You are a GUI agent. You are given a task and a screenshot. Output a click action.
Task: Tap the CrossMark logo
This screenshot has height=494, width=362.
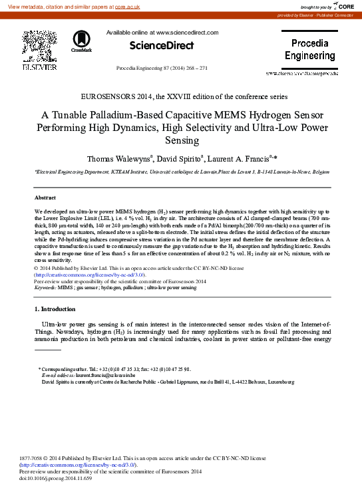pyautogui.click(x=81, y=41)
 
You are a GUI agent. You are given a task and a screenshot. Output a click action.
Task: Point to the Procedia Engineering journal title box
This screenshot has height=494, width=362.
pyautogui.click(x=310, y=50)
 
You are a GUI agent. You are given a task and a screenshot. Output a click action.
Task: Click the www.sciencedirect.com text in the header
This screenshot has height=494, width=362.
pyautogui.click(x=187, y=32)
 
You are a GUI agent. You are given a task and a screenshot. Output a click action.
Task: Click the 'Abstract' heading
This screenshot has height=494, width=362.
pyautogui.click(x=45, y=198)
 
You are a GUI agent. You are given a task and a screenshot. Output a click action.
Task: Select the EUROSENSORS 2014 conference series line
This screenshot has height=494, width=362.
pyautogui.click(x=180, y=96)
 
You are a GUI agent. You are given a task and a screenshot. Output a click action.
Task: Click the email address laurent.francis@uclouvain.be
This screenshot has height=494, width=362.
pyautogui.click(x=96, y=376)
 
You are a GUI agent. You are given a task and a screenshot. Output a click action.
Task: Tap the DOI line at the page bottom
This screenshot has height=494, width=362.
pyautogui.click(x=54, y=477)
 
